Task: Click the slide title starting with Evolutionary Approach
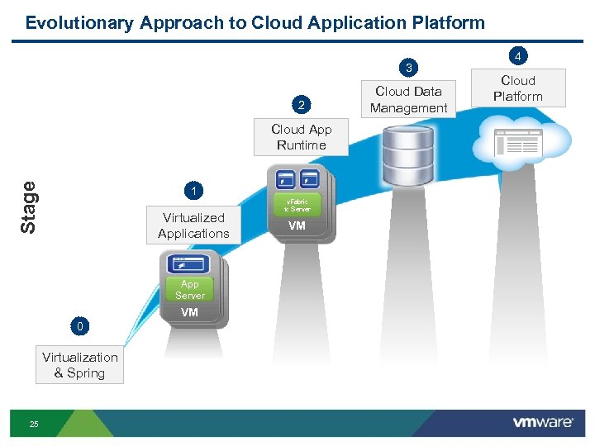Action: pyautogui.click(x=255, y=22)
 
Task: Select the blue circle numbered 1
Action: pyautogui.click(x=193, y=192)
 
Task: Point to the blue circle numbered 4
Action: pyautogui.click(x=518, y=56)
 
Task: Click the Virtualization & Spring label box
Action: pyautogui.click(x=80, y=365)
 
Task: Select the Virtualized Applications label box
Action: pyautogui.click(x=193, y=225)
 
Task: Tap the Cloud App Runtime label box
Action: pyautogui.click(x=302, y=137)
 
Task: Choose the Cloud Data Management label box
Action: pyautogui.click(x=408, y=100)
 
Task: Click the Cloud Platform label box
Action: pyautogui.click(x=518, y=88)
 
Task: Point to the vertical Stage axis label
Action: pyautogui.click(x=29, y=206)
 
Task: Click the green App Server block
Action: pyautogui.click(x=190, y=290)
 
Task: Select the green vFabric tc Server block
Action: pyautogui.click(x=297, y=206)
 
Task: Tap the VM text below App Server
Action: pyautogui.click(x=190, y=312)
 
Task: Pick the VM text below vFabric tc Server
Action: pyautogui.click(x=297, y=226)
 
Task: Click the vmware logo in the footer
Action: pyautogui.click(x=543, y=422)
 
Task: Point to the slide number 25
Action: pyautogui.click(x=34, y=424)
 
